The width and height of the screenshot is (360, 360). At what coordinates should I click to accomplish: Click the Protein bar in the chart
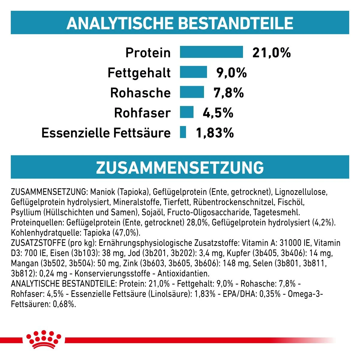211,52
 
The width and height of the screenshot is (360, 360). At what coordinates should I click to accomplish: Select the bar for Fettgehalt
193,72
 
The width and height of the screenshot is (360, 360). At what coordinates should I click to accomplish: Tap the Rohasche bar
192,92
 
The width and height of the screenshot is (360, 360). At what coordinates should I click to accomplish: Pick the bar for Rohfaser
187,112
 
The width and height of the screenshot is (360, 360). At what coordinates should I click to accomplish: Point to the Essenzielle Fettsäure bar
183,132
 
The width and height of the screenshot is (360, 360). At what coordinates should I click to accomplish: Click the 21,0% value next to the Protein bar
271,53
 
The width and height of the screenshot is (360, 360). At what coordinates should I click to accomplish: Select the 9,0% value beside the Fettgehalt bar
232,73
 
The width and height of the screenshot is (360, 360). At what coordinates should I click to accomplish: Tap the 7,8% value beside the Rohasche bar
229,93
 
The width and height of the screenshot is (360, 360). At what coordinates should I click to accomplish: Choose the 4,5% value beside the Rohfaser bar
218,113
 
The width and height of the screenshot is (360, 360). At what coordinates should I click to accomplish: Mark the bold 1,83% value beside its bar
215,133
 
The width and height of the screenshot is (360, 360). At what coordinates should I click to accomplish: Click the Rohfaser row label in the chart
142,113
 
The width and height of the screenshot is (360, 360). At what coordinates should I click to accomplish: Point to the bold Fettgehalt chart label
139,73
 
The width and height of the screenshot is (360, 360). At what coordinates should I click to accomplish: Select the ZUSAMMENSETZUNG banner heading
180,167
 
